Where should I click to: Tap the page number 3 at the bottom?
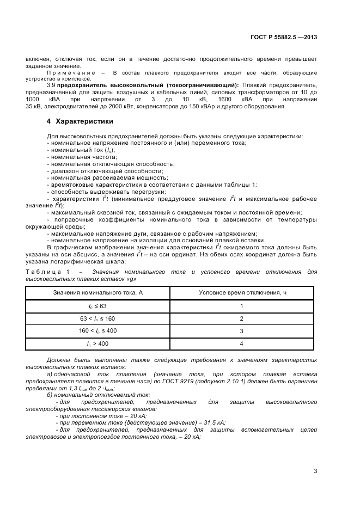coord(315,471)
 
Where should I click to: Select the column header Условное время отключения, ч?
coord(242,293)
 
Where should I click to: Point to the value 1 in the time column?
coord(242,306)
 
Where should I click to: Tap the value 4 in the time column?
coord(242,344)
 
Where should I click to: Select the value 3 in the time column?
coord(242,331)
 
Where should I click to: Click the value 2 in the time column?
coord(242,318)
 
